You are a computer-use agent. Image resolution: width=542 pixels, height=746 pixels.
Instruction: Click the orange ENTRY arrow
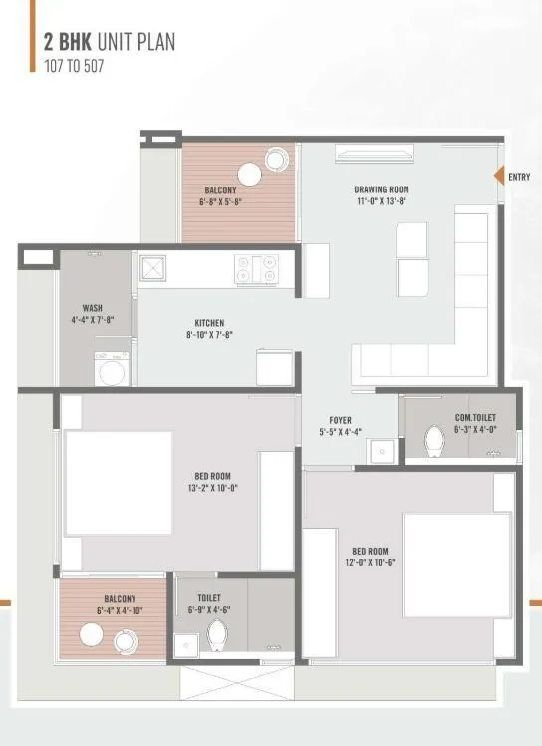click(x=500, y=176)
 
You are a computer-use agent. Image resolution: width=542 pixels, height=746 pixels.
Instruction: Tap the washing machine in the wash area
click(x=111, y=370)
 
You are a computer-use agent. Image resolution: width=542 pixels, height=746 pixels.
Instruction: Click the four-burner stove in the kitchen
click(x=256, y=269)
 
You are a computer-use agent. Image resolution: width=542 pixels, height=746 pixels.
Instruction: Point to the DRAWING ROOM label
click(x=382, y=189)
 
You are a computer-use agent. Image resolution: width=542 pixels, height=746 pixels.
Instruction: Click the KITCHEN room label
click(x=209, y=323)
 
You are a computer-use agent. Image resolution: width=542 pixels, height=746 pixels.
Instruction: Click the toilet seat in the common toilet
click(x=434, y=440)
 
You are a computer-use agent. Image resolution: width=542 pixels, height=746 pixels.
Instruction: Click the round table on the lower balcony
click(x=93, y=635)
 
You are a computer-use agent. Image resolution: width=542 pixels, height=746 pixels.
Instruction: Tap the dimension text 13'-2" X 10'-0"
click(x=213, y=488)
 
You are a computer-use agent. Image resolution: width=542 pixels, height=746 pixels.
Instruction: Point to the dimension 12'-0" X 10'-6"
click(x=370, y=561)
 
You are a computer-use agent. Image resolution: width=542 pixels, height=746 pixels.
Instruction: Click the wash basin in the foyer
click(x=383, y=452)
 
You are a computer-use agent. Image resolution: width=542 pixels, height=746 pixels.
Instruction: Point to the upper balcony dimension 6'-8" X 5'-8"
click(x=220, y=201)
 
